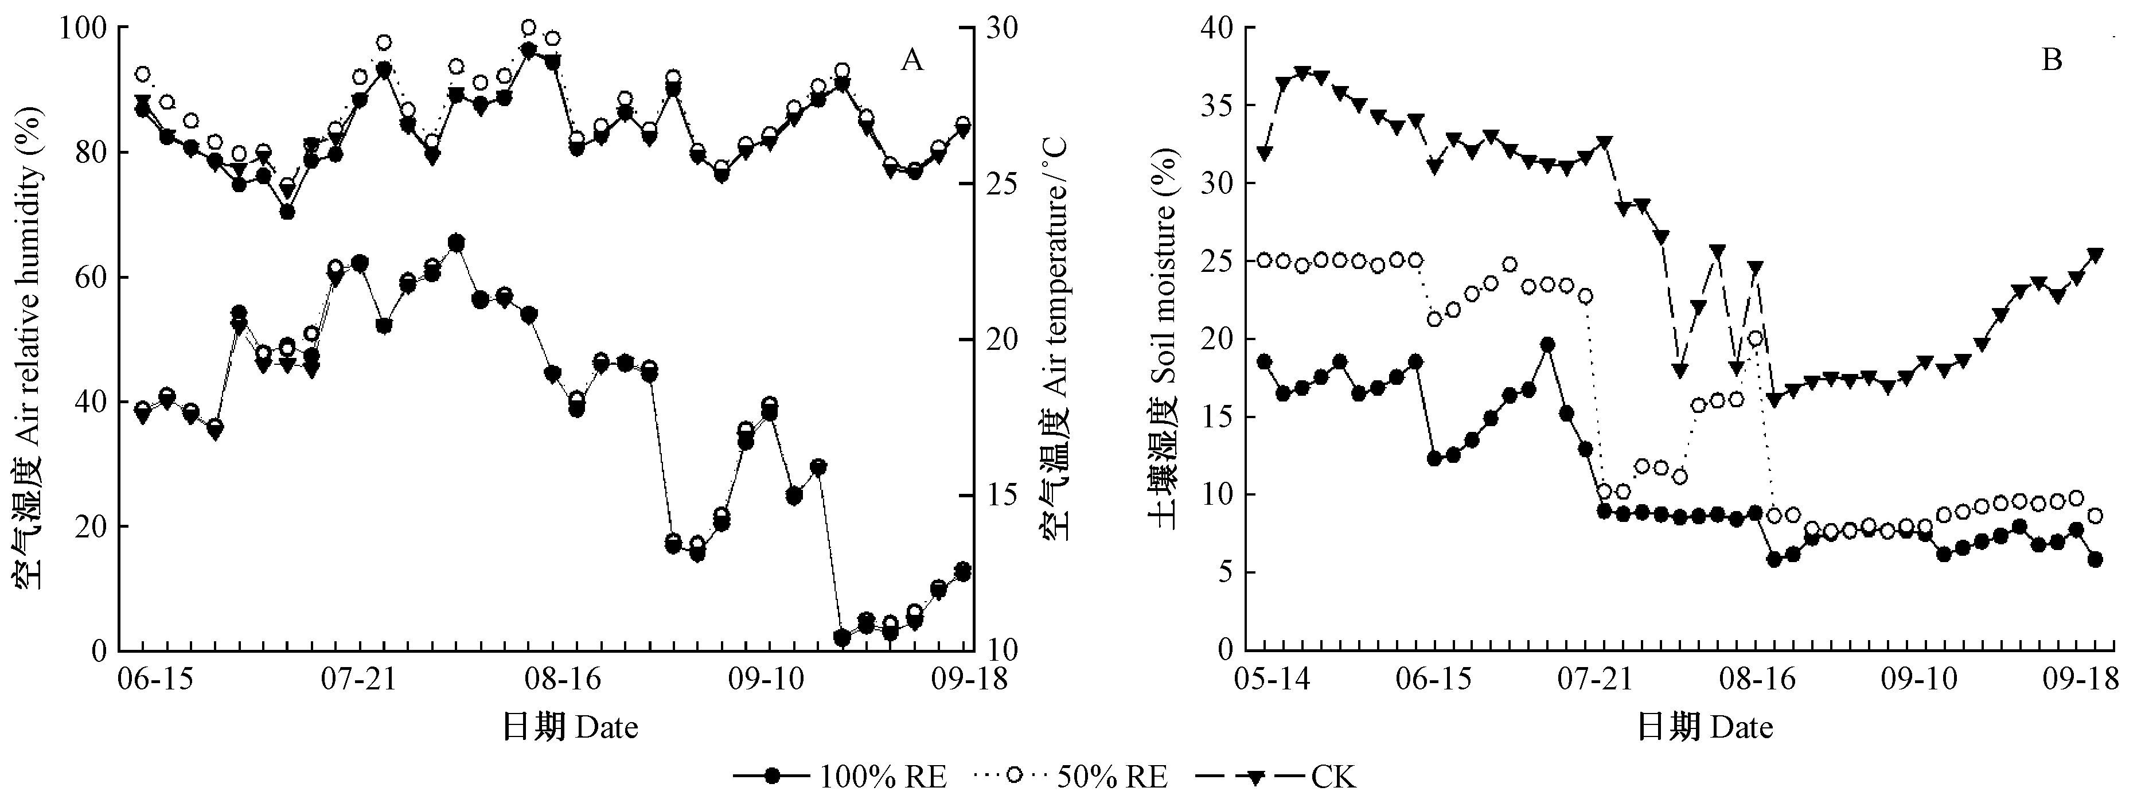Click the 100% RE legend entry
841,778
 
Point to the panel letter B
2051,61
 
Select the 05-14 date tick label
1265,680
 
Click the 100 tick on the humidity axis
83,28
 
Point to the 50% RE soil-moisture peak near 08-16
1754,338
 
